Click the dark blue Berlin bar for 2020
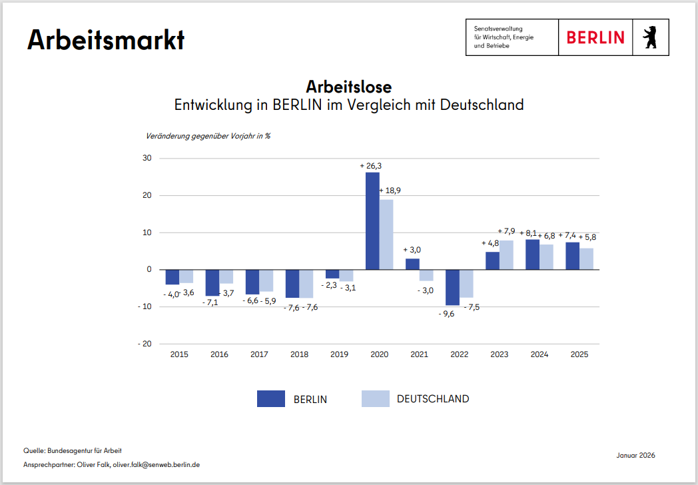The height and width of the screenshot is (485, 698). [x=372, y=221]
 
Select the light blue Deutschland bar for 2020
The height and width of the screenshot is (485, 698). [x=386, y=235]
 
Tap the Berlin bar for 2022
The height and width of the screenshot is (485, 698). [x=452, y=287]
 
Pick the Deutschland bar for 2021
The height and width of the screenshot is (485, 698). [x=426, y=275]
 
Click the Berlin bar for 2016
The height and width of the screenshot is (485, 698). [x=212, y=282]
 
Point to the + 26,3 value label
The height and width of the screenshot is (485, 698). [x=371, y=166]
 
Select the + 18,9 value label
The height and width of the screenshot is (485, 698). [x=390, y=191]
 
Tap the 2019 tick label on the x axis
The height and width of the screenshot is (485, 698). [x=340, y=354]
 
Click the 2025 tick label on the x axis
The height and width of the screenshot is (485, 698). [x=579, y=354]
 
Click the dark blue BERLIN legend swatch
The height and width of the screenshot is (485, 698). [x=271, y=399]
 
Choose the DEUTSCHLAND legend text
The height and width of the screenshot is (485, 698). [x=433, y=399]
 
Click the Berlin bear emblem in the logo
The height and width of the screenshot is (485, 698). [x=649, y=38]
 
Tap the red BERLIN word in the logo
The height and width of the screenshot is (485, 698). [x=595, y=38]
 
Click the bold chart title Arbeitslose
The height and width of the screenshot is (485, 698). [x=349, y=87]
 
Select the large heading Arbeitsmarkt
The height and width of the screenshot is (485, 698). [x=105, y=40]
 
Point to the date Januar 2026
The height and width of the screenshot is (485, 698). [x=636, y=455]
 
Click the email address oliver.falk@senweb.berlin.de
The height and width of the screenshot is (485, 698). [x=158, y=464]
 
